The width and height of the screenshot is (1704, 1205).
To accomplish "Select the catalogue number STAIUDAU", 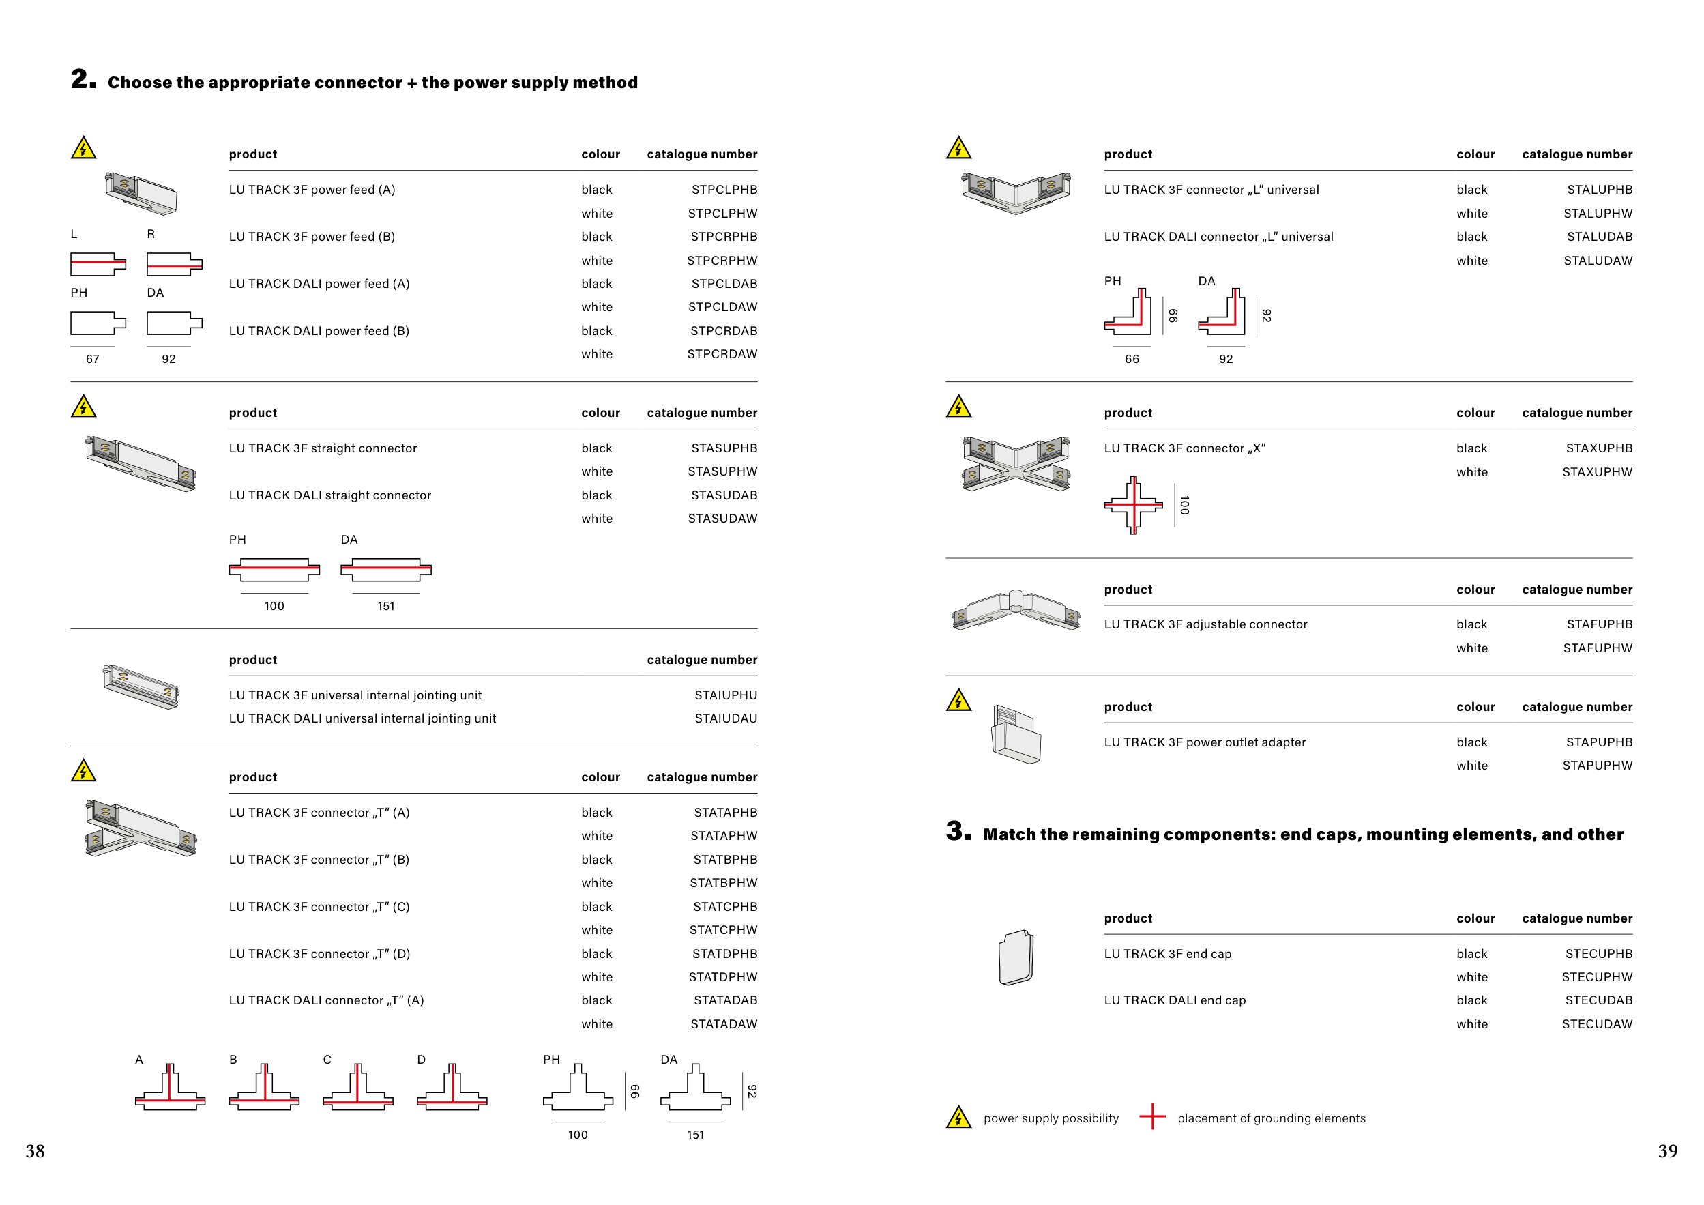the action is click(726, 718).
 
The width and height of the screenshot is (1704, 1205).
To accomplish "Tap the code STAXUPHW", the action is click(1597, 471).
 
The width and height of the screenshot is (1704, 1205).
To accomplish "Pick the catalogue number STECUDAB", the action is click(1599, 1000).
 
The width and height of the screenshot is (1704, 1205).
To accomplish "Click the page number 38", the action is click(35, 1151).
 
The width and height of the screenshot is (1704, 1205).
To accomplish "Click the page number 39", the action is click(1668, 1151).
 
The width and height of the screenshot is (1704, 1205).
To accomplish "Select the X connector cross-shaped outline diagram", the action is click(1133, 505).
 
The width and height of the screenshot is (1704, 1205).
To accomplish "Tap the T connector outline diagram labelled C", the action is click(357, 1087).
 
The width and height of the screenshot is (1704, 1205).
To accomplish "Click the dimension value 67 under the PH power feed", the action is click(92, 359).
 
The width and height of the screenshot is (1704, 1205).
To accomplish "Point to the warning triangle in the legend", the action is click(959, 1117).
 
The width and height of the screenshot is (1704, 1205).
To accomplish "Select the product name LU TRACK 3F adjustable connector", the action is click(1205, 624).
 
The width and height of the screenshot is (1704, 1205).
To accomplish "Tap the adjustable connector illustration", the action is click(1016, 610).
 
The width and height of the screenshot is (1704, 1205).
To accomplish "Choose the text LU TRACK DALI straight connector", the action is click(329, 495).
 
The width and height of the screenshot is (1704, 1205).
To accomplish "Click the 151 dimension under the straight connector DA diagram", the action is click(386, 606).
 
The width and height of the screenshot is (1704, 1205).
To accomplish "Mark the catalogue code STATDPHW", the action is click(723, 977).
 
